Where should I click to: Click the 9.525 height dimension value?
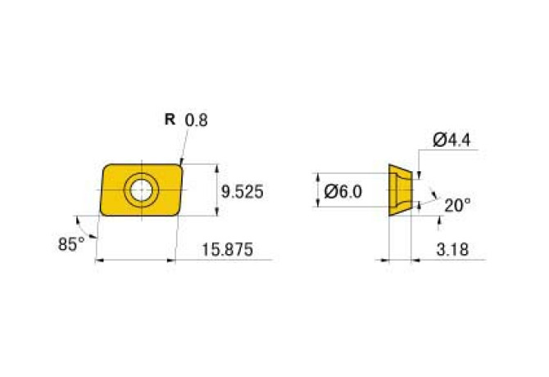click(242, 192)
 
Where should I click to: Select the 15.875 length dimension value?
click(227, 250)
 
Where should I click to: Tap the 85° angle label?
click(71, 244)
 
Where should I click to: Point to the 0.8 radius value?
click(196, 120)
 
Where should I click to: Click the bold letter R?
click(170, 120)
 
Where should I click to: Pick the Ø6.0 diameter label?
click(343, 192)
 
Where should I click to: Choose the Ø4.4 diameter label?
click(451, 140)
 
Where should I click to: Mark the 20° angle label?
click(457, 206)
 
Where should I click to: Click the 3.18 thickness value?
click(452, 250)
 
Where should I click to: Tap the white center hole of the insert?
click(141, 190)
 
